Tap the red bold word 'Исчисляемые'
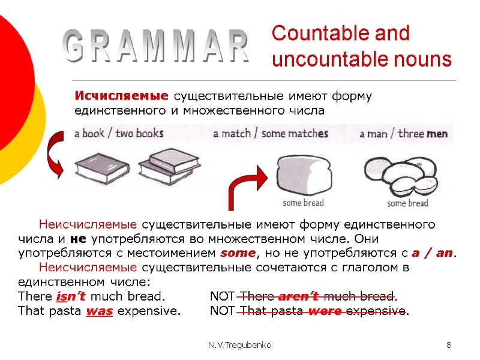pyautogui.click(x=121, y=96)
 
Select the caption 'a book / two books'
pyautogui.click(x=118, y=133)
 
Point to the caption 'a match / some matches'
pyautogui.click(x=271, y=134)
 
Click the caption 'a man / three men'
pyautogui.click(x=404, y=134)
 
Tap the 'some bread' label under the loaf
pyautogui.click(x=303, y=203)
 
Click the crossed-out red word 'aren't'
pyautogui.click(x=299, y=296)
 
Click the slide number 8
pyautogui.click(x=449, y=346)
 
